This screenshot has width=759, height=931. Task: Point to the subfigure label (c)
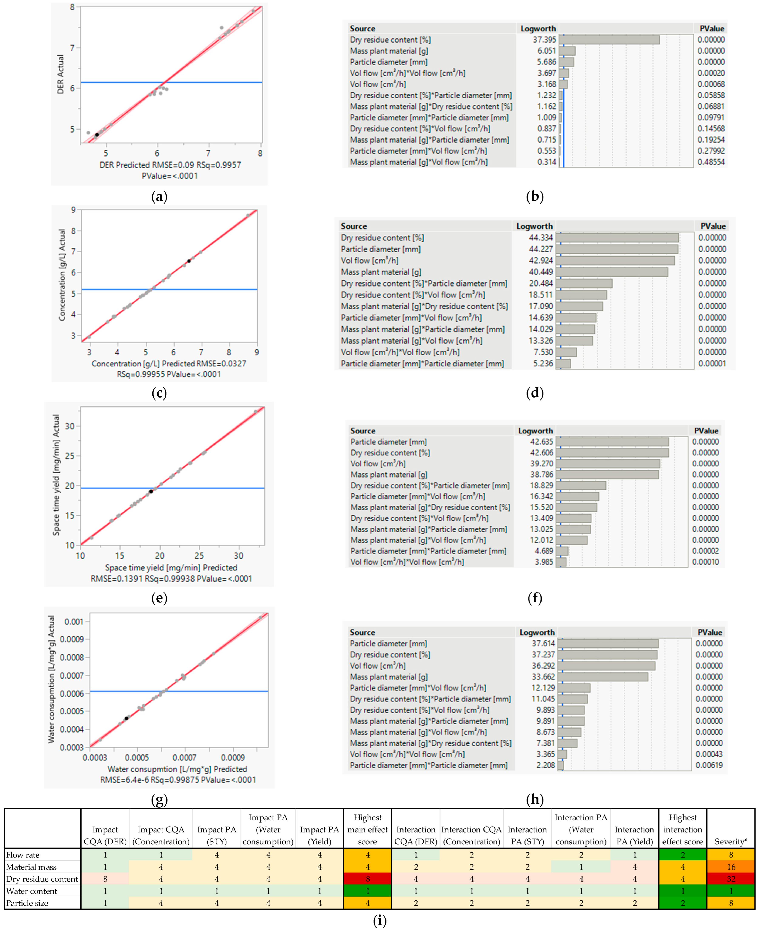coord(159,393)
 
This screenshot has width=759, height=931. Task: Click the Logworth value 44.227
coord(541,249)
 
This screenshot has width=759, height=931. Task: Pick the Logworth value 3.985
coord(544,562)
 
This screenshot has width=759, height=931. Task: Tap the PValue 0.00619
coord(709,765)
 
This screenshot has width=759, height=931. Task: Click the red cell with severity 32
coord(731,879)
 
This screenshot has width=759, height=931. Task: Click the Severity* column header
coord(731,841)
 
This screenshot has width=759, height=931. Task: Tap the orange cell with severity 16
coord(731,867)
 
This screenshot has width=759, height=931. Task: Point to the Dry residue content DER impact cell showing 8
coord(105,879)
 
